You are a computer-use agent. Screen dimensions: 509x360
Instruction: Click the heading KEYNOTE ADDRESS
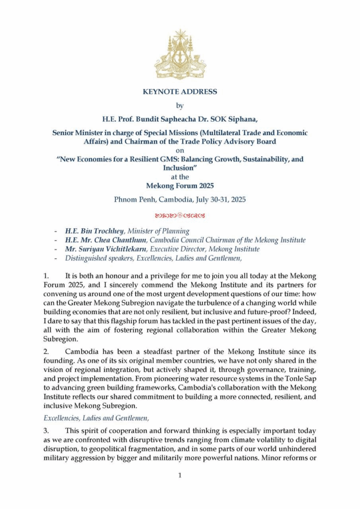coord(180,92)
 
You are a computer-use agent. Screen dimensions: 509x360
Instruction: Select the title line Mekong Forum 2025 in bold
coord(180,186)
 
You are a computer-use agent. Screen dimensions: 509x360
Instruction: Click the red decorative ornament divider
coord(180,216)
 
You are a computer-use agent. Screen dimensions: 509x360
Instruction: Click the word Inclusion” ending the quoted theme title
coord(180,168)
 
